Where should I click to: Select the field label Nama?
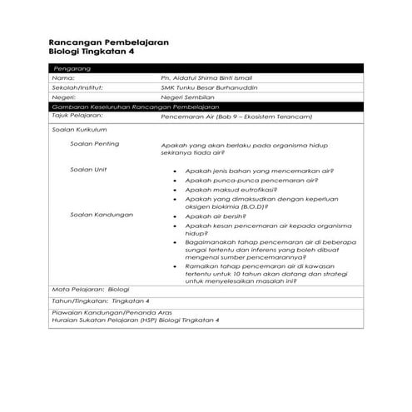(x=63, y=77)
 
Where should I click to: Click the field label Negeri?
(x=64, y=97)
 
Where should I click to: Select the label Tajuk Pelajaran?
(x=77, y=117)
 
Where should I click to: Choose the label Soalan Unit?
(x=89, y=169)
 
